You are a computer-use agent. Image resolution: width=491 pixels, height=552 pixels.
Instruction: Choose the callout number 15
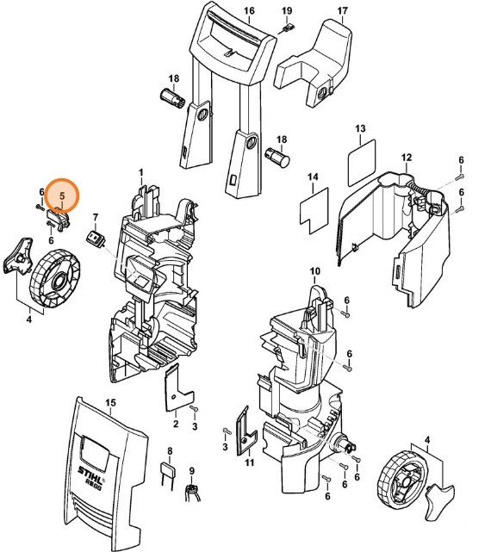pyautogui.click(x=109, y=403)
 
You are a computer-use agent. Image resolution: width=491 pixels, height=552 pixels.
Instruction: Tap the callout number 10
pyautogui.click(x=314, y=271)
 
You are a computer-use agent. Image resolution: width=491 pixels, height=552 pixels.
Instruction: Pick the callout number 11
pyautogui.click(x=250, y=463)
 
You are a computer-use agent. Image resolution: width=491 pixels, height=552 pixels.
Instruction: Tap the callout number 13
pyautogui.click(x=361, y=128)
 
